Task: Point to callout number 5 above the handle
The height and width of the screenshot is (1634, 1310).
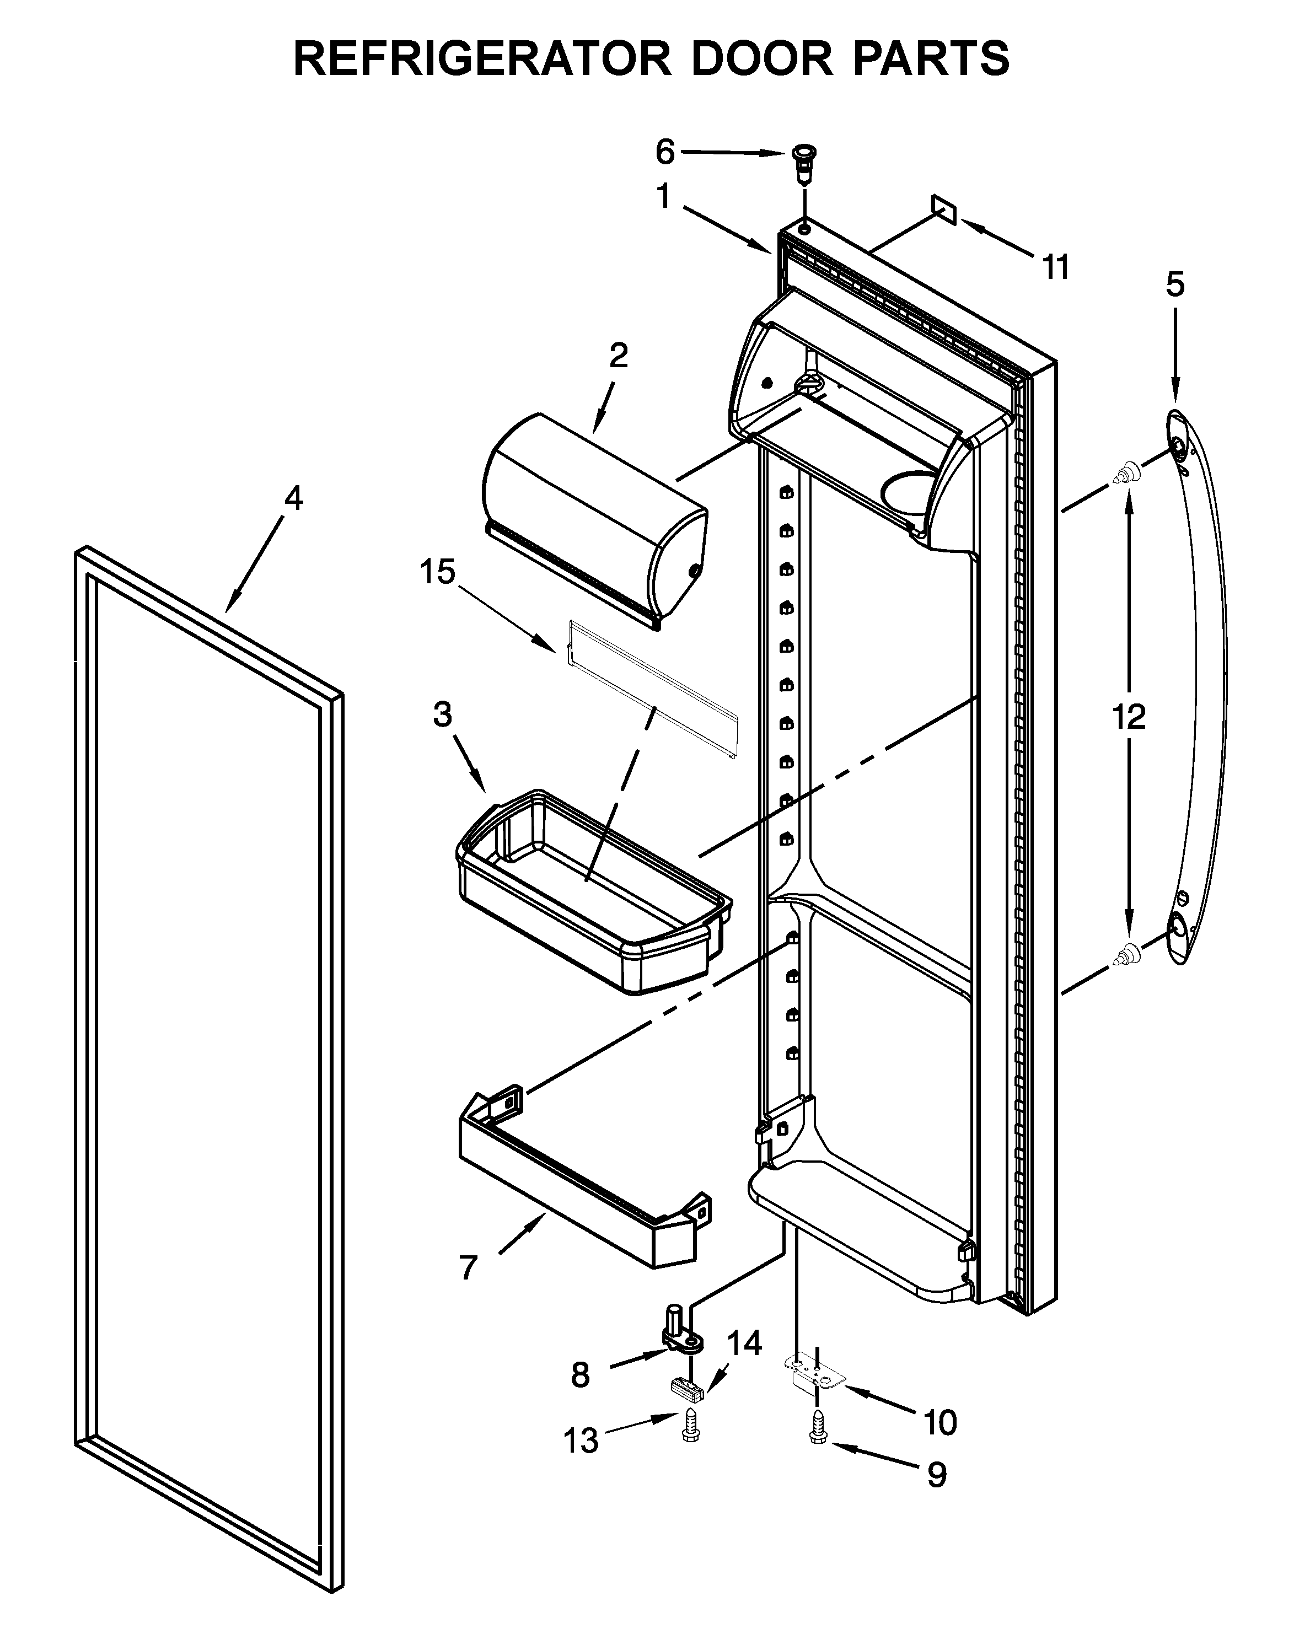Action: [1174, 285]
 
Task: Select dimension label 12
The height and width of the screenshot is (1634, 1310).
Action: [1128, 716]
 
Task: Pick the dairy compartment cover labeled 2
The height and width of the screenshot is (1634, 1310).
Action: [595, 523]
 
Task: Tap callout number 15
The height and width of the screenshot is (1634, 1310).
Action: [438, 572]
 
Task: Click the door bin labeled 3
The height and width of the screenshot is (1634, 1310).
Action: [595, 894]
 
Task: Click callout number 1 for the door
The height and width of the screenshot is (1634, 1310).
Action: [663, 197]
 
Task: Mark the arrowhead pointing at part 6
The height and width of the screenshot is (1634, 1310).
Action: [777, 154]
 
